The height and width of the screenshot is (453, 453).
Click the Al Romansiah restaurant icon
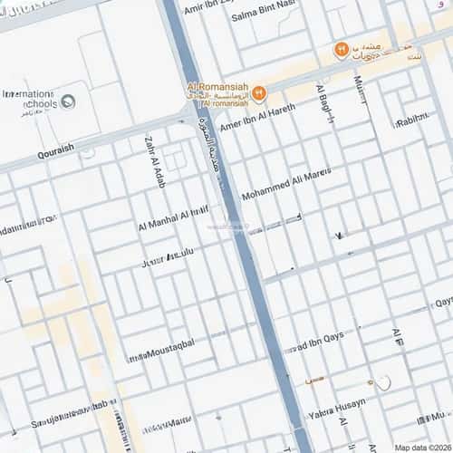click(x=259, y=92)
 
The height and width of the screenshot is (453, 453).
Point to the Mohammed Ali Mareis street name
click(x=286, y=184)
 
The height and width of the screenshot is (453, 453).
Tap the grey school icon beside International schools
click(x=68, y=101)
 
